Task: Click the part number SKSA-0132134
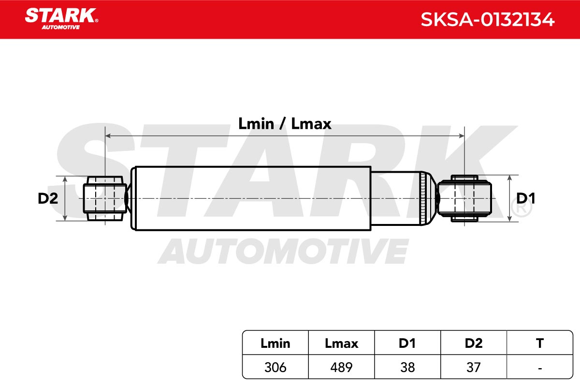488,19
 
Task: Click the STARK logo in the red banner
61,19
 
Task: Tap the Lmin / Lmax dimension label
285,124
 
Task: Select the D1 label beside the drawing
526,198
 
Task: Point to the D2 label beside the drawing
48,198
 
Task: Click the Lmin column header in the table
275,343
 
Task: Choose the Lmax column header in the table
341,343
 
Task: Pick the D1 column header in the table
407,343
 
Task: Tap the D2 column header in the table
474,343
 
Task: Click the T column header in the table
540,343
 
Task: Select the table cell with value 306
275,367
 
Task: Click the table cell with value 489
341,367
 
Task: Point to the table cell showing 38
407,367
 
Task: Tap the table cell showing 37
474,367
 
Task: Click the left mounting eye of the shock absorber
105,198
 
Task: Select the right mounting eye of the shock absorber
464,198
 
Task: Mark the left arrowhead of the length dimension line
108,136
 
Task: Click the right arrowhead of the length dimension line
462,136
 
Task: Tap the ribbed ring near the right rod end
422,198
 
